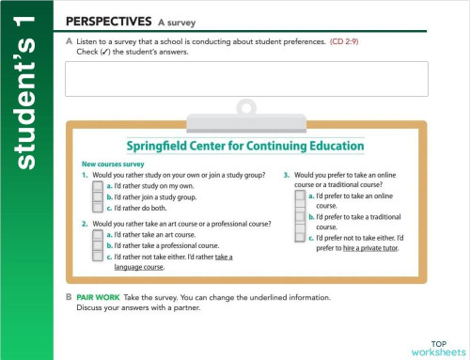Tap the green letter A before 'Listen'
point(69,41)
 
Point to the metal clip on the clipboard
point(247,111)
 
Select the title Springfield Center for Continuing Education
point(245,147)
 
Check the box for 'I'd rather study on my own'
point(98,187)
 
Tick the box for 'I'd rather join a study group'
point(98,198)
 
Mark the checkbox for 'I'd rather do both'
point(98,210)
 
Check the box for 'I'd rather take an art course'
point(98,234)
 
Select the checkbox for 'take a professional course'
point(98,245)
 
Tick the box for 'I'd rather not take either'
point(98,257)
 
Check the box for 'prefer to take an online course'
point(300,197)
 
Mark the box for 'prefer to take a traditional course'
point(300,218)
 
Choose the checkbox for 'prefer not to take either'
point(300,239)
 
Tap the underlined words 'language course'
point(138,267)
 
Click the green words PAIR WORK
point(97,295)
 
